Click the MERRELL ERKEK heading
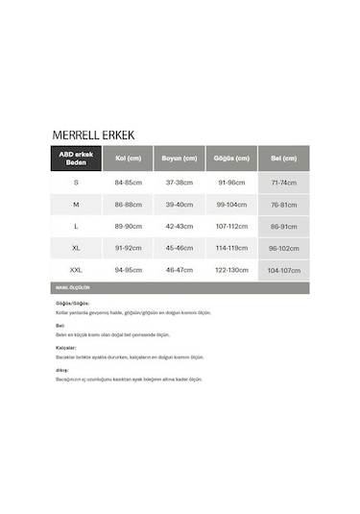93,135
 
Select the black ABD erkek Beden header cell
76,159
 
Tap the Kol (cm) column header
128,159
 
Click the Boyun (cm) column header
180,159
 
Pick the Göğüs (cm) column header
231,159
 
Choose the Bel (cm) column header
283,159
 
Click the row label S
76,182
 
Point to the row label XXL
76,270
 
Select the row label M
76,204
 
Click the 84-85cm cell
128,182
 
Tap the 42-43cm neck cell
180,226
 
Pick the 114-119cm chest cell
231,248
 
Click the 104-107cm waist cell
283,271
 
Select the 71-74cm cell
283,183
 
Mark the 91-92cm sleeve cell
128,248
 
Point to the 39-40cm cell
180,204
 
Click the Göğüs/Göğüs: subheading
73,304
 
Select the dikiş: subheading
62,368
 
